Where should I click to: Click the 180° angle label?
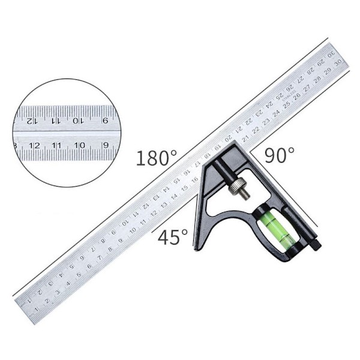pyautogui.click(x=156, y=158)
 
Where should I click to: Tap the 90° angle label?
pyautogui.click(x=280, y=155)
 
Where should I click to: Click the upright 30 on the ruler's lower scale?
pyautogui.click(x=339, y=61)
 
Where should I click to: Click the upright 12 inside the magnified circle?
pyautogui.click(x=34, y=145)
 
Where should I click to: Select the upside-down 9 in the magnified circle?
pyautogui.click(x=106, y=120)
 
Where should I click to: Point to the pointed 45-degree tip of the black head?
pyautogui.click(x=195, y=248)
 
